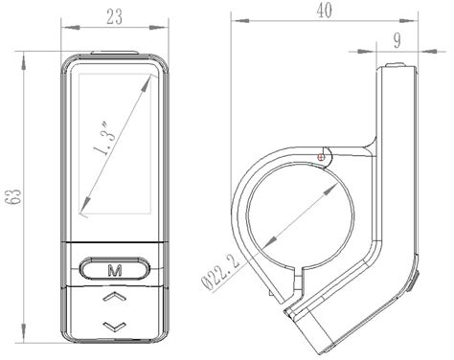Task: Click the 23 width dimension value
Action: [x=114, y=17]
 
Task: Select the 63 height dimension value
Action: [x=14, y=197]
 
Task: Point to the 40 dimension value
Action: [x=324, y=11]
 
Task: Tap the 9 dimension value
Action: [x=397, y=40]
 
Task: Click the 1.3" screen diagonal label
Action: [x=103, y=140]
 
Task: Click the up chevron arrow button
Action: [x=114, y=297]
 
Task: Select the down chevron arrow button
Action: [x=114, y=326]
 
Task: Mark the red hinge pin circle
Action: [x=321, y=157]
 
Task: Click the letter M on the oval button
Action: [x=115, y=271]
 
